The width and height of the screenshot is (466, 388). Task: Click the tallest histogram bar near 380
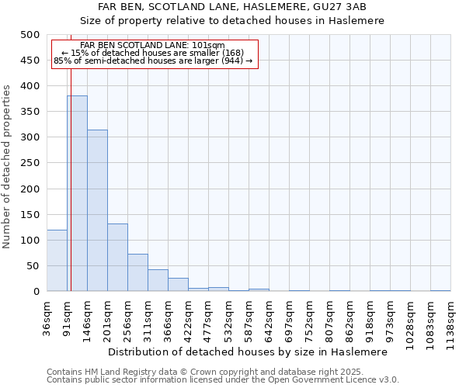pos(77,194)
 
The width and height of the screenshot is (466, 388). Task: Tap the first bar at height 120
pos(57,261)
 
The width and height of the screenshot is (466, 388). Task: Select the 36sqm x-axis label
pos(47,318)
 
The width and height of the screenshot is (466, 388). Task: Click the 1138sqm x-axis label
pos(450,322)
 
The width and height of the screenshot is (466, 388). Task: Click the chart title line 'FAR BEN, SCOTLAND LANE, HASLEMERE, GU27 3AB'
pos(232,8)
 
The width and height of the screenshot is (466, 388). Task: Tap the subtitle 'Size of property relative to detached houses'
pos(232,21)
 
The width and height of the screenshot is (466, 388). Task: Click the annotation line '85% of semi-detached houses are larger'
pos(153,61)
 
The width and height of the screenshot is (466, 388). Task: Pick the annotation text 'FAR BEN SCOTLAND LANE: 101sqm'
pos(153,46)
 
